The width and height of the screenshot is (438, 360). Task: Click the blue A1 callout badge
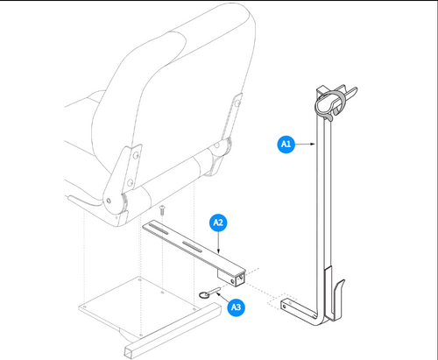(286, 143)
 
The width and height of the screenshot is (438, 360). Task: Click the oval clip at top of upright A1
(331, 103)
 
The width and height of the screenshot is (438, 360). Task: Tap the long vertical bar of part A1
(330, 193)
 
